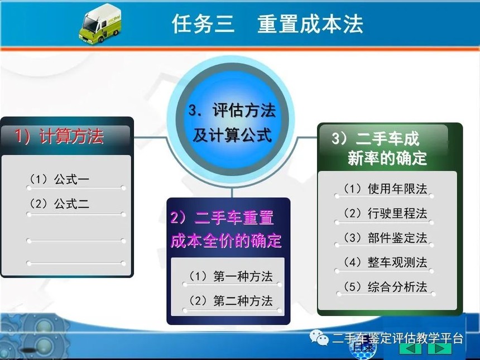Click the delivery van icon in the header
pos(100,24)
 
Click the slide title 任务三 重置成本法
pos(267,24)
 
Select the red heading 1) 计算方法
pos(59,136)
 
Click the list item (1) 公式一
pos(59,179)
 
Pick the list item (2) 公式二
pos(59,204)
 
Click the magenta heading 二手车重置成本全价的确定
pos(226,229)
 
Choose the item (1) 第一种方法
pos(230,276)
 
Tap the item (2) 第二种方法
pos(230,301)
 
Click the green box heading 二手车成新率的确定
pos(380,148)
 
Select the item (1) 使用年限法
pos(385,189)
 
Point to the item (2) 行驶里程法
pos(385,213)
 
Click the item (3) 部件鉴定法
pos(385,238)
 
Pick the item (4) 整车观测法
pos(385,262)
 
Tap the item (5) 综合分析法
pos(385,287)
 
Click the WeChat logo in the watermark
pos(319,337)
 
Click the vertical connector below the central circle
pos(232,192)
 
